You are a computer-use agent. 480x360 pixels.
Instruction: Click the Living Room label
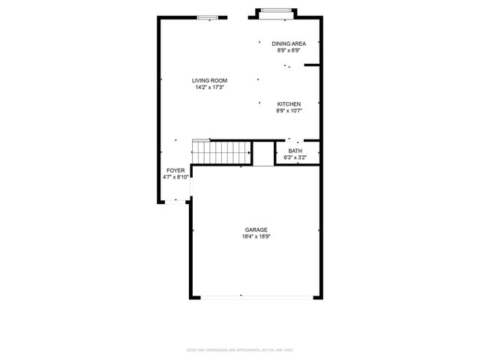(x=209, y=81)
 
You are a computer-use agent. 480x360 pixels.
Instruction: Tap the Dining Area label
(x=289, y=44)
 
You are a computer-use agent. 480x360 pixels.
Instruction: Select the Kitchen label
(x=289, y=104)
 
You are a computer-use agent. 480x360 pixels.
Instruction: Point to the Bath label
(x=295, y=151)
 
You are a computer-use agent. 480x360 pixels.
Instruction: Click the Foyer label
(x=175, y=171)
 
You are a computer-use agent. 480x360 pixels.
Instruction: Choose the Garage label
(x=256, y=230)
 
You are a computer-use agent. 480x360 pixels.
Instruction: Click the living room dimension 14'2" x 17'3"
(x=209, y=88)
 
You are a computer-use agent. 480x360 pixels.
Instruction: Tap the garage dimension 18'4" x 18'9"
(x=256, y=237)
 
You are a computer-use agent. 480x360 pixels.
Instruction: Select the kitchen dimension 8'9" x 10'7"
(x=289, y=111)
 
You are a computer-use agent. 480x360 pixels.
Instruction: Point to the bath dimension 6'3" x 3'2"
(x=295, y=157)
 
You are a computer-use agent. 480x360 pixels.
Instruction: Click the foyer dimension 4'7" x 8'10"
(x=176, y=178)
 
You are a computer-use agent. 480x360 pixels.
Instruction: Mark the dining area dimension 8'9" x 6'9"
(x=289, y=51)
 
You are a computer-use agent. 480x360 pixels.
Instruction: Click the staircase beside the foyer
(x=221, y=153)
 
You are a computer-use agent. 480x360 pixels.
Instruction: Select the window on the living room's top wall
(x=208, y=17)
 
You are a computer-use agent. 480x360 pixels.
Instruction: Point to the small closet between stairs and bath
(x=263, y=153)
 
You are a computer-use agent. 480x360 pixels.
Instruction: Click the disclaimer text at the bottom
(x=240, y=349)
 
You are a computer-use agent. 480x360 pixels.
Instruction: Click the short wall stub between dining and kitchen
(x=312, y=66)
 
